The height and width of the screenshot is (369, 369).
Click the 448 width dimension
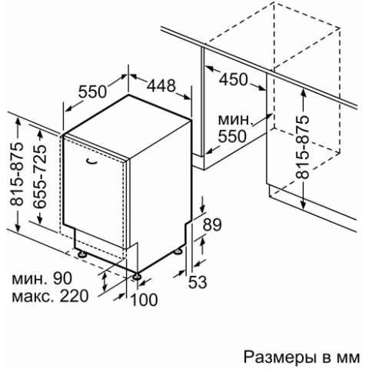pyautogui.click(x=161, y=85)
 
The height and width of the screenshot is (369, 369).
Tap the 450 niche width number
pyautogui.click(x=234, y=79)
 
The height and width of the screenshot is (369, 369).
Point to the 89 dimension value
pyautogui.click(x=212, y=224)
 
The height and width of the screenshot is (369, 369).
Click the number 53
pyautogui.click(x=198, y=282)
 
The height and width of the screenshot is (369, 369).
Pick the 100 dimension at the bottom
pyautogui.click(x=144, y=300)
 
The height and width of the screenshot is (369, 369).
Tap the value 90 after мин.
pyautogui.click(x=62, y=278)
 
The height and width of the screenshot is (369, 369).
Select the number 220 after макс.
pyautogui.click(x=74, y=296)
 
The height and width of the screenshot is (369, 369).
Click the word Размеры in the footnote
pyautogui.click(x=279, y=357)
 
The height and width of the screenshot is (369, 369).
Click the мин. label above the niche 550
pyautogui.click(x=234, y=120)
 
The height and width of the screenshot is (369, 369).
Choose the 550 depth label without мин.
pyautogui.click(x=92, y=91)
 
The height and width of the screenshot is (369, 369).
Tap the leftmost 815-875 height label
pyautogui.click(x=16, y=174)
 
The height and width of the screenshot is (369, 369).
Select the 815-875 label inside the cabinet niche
pyautogui.click(x=302, y=147)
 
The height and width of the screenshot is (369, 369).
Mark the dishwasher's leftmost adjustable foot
pyautogui.click(x=82, y=254)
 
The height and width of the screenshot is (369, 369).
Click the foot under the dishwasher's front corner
pyautogui.click(x=137, y=276)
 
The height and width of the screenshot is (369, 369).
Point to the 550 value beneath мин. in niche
pyautogui.click(x=232, y=136)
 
